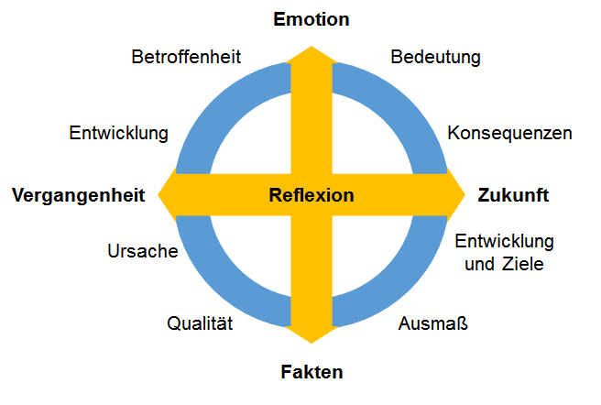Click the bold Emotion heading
pos(311,19)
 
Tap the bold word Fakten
pos(311,372)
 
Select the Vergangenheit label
pos(78,195)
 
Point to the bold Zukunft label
pos(513,195)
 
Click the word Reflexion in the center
pos(311,195)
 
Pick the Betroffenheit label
pos(186,57)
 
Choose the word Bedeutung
pos(435,57)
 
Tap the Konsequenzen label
pos(509,133)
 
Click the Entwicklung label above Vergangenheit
pos(118,133)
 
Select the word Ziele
pos(523,264)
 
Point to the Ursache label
pos(143,251)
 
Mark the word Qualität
pos(200,323)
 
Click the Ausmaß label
pos(432,323)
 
